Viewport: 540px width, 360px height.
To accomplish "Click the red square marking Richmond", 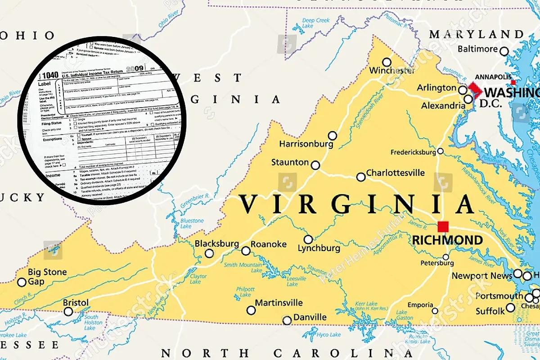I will point(444,226).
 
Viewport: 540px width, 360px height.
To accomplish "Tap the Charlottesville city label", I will point(395,173).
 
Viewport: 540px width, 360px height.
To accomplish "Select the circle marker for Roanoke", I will point(246,251).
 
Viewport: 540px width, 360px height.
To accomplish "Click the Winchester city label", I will point(392,71).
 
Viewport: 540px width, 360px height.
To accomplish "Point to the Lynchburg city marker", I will point(308,239).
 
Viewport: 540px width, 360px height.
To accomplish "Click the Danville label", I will point(310,317).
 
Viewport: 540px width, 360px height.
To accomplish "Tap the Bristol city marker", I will point(68,311).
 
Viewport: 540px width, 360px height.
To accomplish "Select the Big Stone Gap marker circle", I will point(22,283).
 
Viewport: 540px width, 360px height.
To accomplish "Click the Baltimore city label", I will point(477,49).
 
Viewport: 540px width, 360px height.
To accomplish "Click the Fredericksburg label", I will point(413,152).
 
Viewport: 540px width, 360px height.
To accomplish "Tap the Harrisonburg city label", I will point(306,144).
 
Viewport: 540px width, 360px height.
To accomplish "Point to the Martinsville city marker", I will point(251,310).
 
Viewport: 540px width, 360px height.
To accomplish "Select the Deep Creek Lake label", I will point(316,23).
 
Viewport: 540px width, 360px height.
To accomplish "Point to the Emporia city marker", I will point(435,311).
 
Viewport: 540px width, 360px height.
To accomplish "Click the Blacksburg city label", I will point(216,243).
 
